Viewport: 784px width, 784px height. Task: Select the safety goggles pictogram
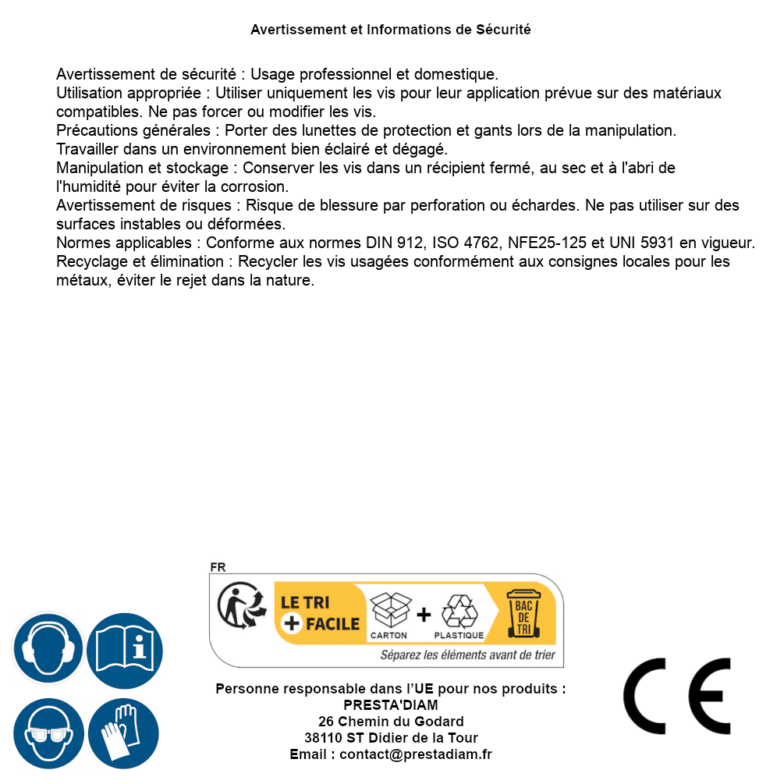(x=48, y=734)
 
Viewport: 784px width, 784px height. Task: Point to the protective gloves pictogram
(x=125, y=734)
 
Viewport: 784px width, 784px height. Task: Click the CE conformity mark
(x=677, y=697)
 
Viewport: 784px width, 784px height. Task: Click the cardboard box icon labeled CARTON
(x=389, y=610)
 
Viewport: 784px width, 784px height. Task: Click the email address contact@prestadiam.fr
(x=416, y=754)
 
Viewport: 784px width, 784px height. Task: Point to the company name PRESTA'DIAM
(x=391, y=705)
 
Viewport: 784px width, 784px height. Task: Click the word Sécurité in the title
(x=503, y=30)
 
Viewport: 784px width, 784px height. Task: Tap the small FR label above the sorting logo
(x=218, y=567)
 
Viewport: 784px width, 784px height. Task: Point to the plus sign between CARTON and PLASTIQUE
(x=424, y=615)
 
